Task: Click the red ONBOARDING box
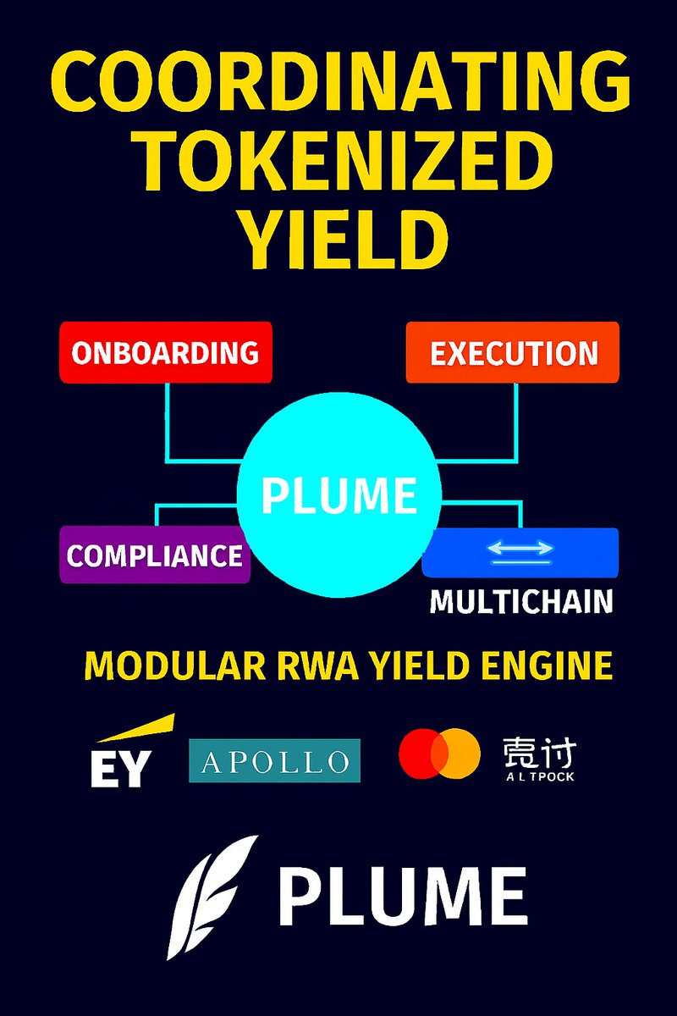pos(166,352)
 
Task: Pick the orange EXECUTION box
pos(513,352)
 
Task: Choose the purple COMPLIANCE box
pos(155,555)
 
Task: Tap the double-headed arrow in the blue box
pos(520,550)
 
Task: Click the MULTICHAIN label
pos(520,601)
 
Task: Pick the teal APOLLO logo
pos(274,760)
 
